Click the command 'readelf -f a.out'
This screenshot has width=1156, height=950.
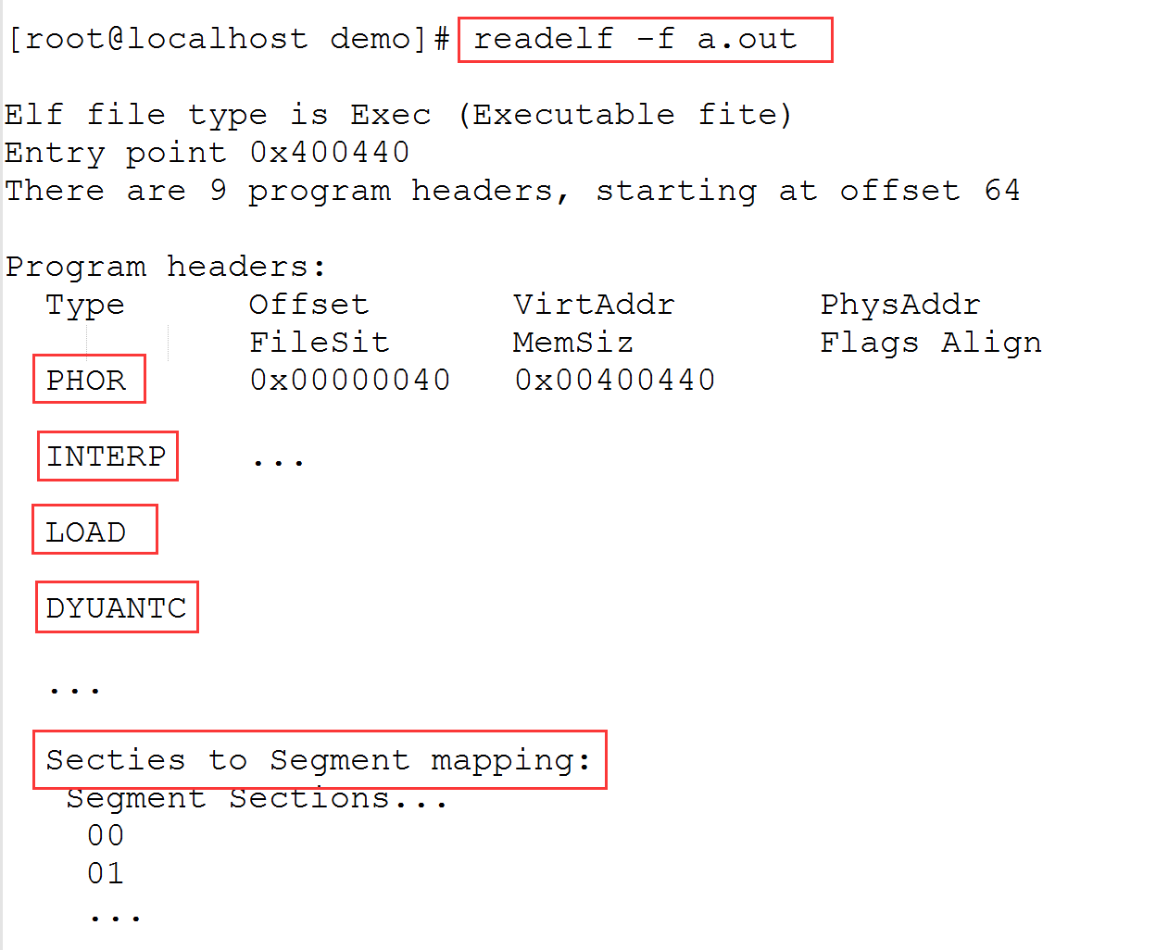tap(635, 39)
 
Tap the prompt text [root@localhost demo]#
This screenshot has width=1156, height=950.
tap(229, 39)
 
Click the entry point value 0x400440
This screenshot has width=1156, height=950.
tap(330, 153)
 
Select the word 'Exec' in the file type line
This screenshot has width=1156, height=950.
tap(390, 115)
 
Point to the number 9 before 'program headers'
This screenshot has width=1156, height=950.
tap(218, 191)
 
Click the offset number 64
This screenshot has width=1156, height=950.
tap(1002, 191)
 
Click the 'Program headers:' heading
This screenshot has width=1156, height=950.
tap(166, 267)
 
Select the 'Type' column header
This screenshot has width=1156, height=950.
tap(85, 305)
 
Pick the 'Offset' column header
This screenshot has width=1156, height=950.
tap(308, 305)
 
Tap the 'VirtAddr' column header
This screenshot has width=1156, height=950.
tap(594, 305)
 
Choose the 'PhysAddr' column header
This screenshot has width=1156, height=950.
tap(899, 305)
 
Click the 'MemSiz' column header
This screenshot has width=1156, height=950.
tap(572, 343)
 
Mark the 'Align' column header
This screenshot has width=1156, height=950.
tap(991, 343)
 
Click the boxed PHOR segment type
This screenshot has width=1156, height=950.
tap(86, 381)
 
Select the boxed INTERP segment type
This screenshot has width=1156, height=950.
tap(107, 456)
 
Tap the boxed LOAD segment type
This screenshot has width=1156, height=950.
tap(86, 532)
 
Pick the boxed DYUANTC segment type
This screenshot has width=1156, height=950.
tap(117, 608)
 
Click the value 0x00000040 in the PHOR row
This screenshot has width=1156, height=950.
tap(350, 381)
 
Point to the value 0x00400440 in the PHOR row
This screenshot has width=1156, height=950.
tap(615, 381)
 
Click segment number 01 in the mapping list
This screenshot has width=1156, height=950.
tap(106, 873)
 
